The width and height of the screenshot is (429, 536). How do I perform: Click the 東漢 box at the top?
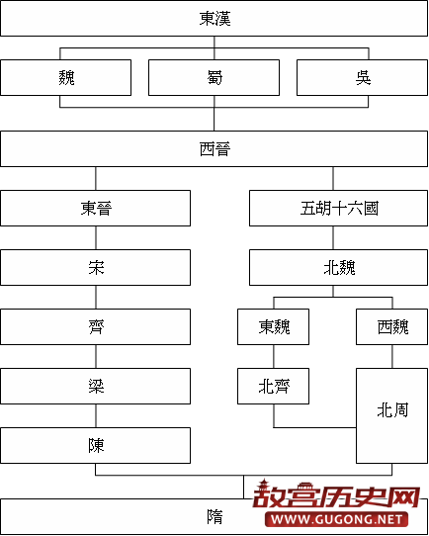[214, 19]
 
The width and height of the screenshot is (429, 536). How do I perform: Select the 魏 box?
[65, 77]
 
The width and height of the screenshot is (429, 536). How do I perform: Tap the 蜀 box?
[214, 77]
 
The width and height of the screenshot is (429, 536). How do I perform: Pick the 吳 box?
[362, 77]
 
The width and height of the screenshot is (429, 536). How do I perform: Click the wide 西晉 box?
[214, 148]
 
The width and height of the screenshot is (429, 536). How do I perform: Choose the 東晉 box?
[95, 208]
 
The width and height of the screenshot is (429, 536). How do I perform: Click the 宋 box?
[95, 267]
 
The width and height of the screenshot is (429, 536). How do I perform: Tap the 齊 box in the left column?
[95, 326]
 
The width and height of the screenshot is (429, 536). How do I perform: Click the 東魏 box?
[274, 326]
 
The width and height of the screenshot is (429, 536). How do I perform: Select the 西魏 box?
[391, 326]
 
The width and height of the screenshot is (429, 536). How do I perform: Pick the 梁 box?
[95, 386]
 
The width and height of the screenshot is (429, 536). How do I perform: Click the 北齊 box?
[274, 386]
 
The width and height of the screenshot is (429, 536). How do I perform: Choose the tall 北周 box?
[391, 409]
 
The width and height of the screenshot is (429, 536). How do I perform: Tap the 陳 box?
[95, 445]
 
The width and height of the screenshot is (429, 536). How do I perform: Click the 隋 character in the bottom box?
[214, 515]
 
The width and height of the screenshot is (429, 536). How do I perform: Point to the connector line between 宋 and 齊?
[95, 297]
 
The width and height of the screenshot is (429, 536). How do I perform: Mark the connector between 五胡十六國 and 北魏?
[333, 237]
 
